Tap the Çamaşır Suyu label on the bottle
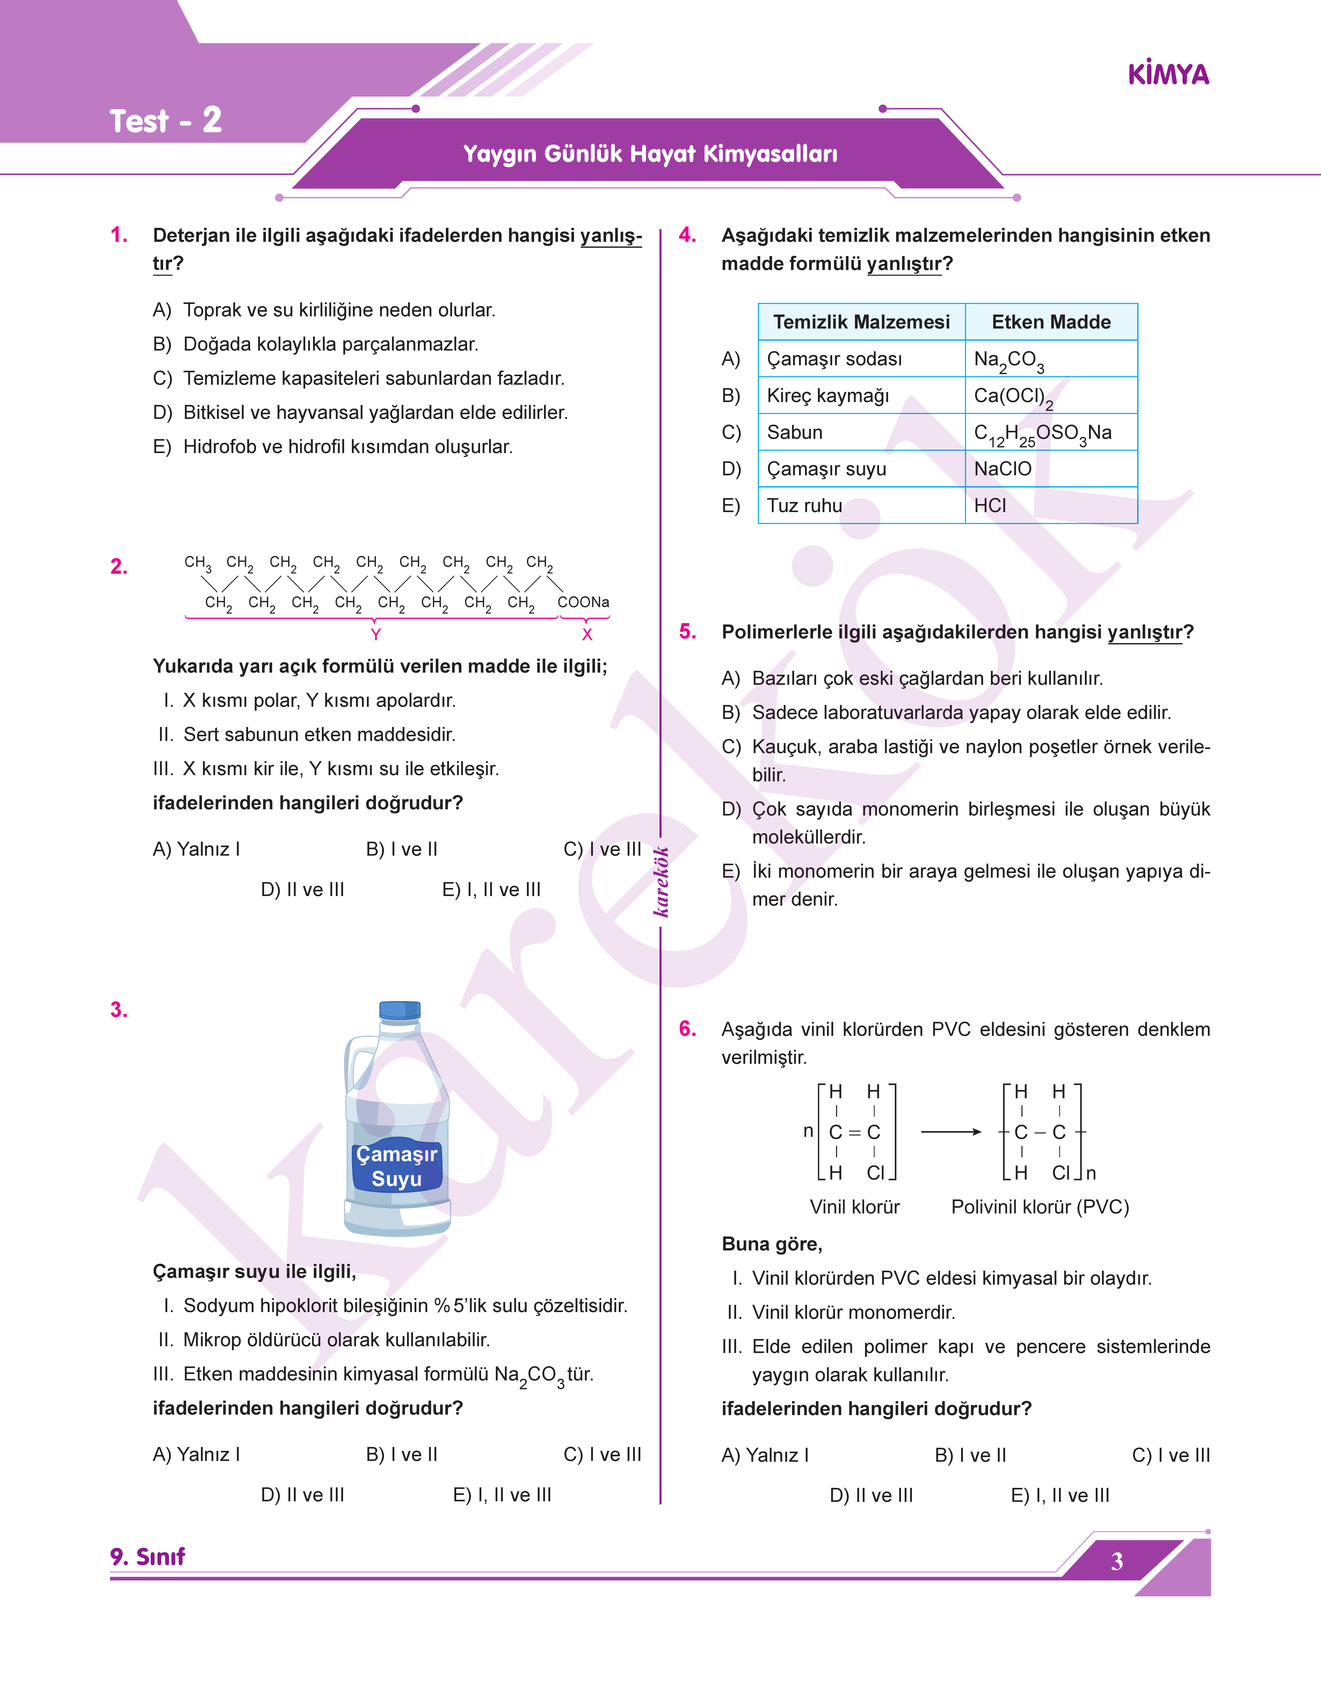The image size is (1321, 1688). click(397, 1166)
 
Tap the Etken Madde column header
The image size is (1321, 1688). click(1050, 322)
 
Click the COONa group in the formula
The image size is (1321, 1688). click(583, 602)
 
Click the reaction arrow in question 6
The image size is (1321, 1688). click(950, 1132)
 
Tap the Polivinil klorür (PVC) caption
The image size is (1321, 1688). click(1040, 1207)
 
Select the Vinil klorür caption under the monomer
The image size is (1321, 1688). click(855, 1207)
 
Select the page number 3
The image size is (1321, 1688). click(1117, 1561)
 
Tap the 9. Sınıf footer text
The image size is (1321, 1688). click(148, 1556)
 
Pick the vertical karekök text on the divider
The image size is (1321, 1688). click(661, 882)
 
